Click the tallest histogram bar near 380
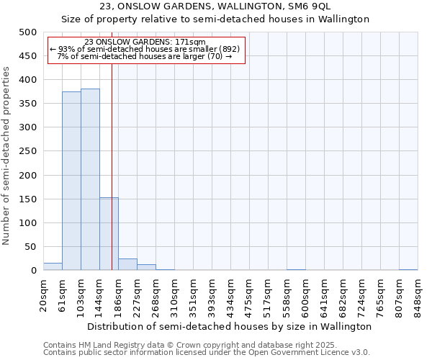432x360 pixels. point(90,180)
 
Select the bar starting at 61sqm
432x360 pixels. point(71,181)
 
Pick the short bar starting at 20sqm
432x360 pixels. point(53,266)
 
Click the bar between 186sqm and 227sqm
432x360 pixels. point(127,264)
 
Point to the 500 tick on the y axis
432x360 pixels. point(27,32)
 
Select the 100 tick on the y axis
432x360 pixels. point(27,223)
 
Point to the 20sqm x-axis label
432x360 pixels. point(43,295)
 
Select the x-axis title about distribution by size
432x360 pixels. point(230,326)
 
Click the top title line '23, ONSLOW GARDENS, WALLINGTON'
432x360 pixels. point(215,6)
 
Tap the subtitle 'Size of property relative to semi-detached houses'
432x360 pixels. point(215,19)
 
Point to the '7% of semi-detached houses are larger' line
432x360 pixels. point(144,56)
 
